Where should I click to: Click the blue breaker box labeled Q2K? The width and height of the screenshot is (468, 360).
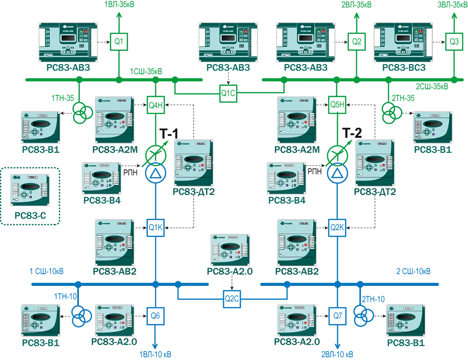click(338, 227)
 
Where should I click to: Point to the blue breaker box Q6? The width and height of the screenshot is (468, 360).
click(156, 316)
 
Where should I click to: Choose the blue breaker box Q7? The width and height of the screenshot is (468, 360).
click(338, 316)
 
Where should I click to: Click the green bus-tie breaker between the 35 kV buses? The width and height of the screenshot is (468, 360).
click(228, 91)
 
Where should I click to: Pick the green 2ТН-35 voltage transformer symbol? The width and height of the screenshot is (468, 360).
click(392, 112)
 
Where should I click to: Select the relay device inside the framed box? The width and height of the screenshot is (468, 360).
click(30, 189)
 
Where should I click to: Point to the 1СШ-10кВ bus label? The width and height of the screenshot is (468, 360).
click(47, 271)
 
